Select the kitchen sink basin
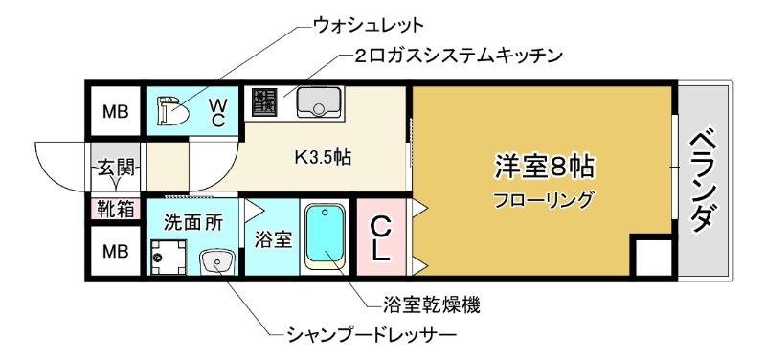(x=312, y=100)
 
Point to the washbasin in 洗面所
(x=215, y=259)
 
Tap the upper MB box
(x=115, y=113)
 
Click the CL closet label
(x=380, y=239)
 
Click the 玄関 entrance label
(x=114, y=169)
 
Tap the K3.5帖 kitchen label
(x=321, y=158)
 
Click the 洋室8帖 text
(x=544, y=166)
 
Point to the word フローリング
(x=544, y=200)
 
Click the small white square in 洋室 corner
(x=652, y=259)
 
